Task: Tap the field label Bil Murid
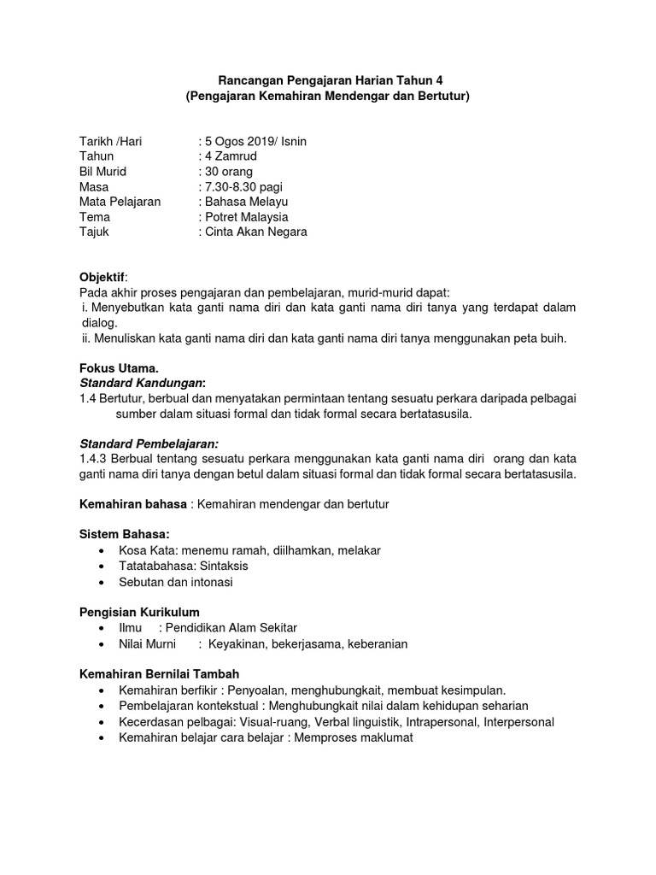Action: tap(102, 172)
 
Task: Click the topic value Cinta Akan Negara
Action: tap(255, 232)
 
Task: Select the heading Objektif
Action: tap(102, 278)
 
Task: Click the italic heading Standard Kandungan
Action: tap(142, 383)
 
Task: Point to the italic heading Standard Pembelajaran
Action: tap(149, 443)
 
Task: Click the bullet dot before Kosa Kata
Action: tap(103, 551)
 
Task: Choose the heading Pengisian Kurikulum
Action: tap(139, 612)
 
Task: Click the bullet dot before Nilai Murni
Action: tap(103, 643)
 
